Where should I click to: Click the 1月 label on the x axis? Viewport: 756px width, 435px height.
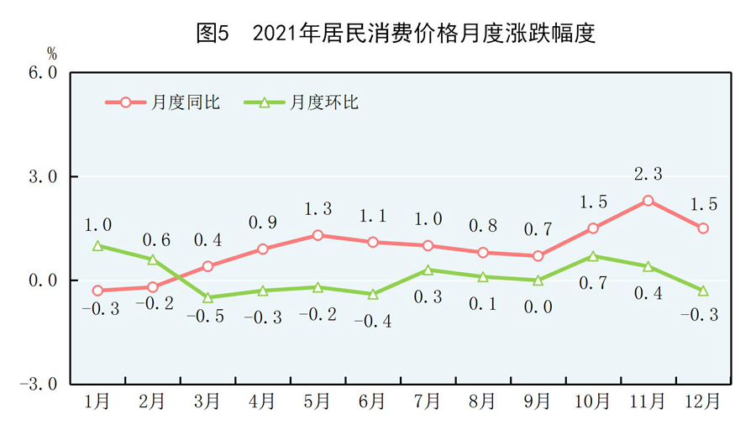(97, 402)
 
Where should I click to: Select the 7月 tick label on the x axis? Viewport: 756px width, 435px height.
(428, 402)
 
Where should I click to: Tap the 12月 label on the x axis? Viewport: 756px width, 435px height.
(703, 402)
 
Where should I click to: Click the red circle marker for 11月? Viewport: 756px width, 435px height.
(648, 201)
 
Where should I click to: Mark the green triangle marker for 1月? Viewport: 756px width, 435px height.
(98, 246)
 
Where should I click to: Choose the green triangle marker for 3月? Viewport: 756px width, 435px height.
(208, 297)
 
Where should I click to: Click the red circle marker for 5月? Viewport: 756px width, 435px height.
(318, 235)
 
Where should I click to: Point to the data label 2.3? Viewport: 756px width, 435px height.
(648, 174)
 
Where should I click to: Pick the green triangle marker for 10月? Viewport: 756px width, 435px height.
(593, 256)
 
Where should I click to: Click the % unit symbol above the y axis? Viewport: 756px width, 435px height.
(52, 53)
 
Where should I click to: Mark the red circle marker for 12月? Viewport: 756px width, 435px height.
(703, 228)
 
